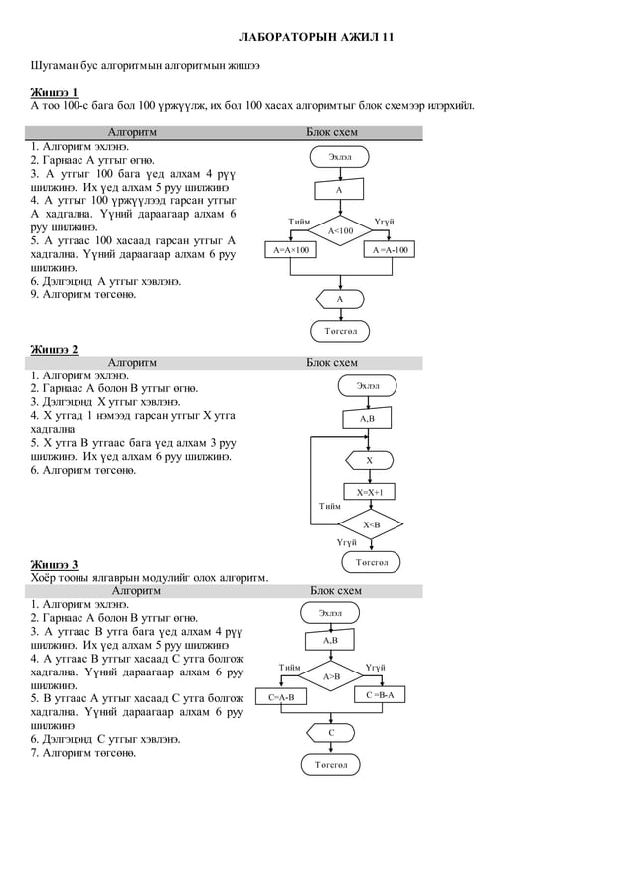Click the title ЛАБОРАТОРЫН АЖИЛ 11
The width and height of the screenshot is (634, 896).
click(x=317, y=37)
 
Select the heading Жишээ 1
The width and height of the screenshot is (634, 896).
click(x=55, y=92)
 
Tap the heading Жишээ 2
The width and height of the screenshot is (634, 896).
click(x=55, y=349)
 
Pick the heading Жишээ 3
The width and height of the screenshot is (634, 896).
click(x=55, y=565)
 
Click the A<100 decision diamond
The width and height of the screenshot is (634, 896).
click(x=340, y=230)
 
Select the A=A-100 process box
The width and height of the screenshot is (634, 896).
click(x=390, y=250)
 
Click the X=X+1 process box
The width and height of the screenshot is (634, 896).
click(x=369, y=492)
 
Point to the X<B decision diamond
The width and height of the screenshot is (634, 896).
click(x=370, y=523)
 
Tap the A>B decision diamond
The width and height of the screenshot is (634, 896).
click(x=331, y=676)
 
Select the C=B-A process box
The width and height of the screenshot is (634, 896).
click(x=380, y=695)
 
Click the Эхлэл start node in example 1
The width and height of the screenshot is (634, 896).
click(x=340, y=157)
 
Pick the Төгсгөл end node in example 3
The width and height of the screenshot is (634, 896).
click(x=331, y=765)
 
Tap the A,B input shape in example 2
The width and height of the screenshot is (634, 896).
click(x=368, y=419)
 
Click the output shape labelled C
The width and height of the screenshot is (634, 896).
click(x=332, y=733)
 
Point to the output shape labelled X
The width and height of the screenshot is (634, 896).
click(x=369, y=460)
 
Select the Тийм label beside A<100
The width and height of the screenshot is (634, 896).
click(x=298, y=221)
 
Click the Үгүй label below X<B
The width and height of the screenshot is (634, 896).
click(x=346, y=542)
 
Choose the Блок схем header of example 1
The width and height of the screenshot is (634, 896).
click(x=332, y=132)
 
